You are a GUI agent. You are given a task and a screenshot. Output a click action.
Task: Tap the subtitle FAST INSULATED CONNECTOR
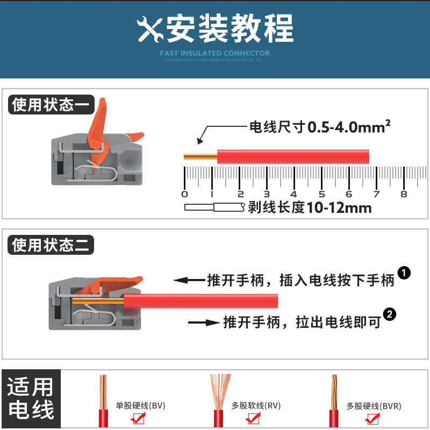(x=215, y=53)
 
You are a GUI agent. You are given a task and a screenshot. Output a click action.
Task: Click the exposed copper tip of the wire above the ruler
(x=199, y=157)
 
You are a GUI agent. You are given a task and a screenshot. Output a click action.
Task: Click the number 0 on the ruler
(x=185, y=194)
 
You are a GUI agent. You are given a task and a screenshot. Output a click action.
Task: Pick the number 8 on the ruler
(x=404, y=194)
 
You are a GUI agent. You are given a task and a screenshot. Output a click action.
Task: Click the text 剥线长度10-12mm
(x=310, y=207)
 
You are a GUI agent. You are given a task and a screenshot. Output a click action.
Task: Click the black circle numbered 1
(x=404, y=273)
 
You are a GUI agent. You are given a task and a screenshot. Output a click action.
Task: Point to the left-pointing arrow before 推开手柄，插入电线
(x=188, y=280)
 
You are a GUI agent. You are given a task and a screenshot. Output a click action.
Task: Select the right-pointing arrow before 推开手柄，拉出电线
(x=204, y=322)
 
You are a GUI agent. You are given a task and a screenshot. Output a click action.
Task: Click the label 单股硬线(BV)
(x=140, y=406)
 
